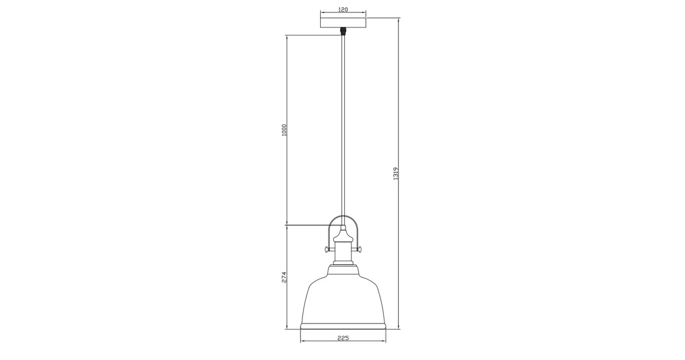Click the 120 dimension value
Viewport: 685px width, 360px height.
(343, 9)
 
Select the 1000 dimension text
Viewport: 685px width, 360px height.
(284, 130)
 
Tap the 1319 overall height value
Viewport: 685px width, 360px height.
(396, 173)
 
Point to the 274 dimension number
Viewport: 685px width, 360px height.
(284, 277)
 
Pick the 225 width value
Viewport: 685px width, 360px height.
(343, 338)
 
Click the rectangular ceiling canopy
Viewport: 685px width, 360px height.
(343, 22)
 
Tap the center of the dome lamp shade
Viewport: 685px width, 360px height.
(343, 298)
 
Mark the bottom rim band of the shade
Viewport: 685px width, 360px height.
(343, 326)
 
